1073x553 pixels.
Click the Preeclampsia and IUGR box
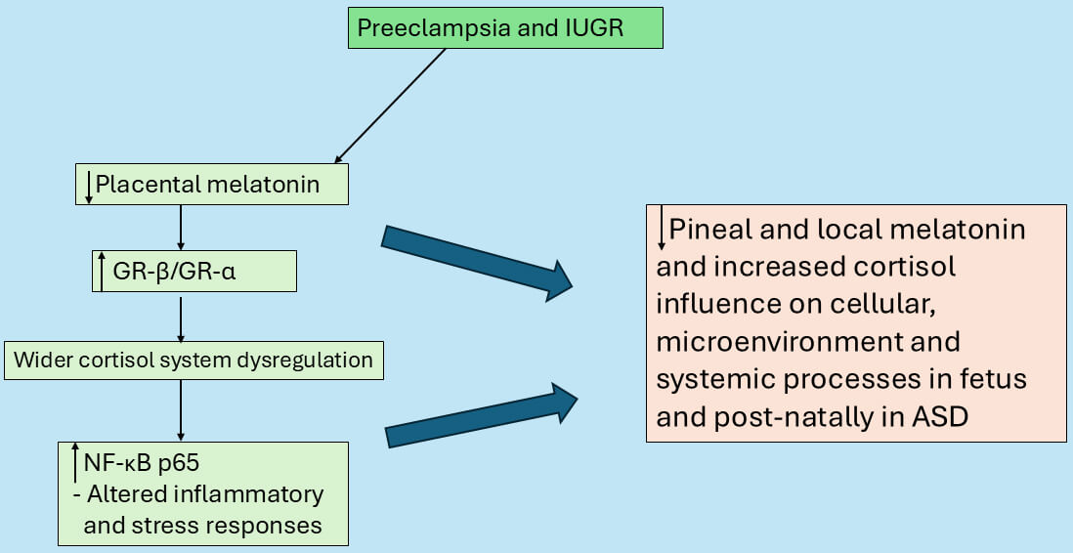[x=503, y=27]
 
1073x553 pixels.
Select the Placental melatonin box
[x=212, y=184]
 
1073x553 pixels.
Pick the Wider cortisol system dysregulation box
[x=193, y=361]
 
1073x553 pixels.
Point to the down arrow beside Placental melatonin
[x=89, y=186]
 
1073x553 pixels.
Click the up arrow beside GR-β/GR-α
[x=101, y=272]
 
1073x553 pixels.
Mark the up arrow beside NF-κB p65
[x=76, y=462]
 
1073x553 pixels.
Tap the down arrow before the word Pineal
[x=662, y=230]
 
